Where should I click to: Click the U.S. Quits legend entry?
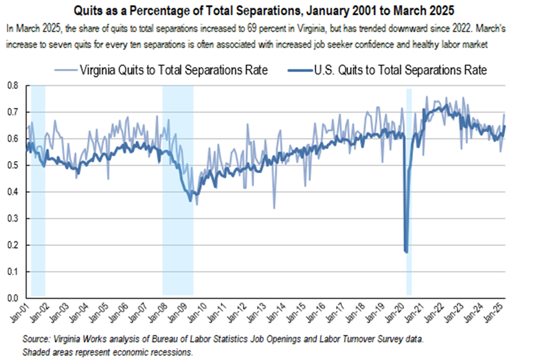click(x=391, y=70)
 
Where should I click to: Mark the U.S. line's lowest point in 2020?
click(x=406, y=252)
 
